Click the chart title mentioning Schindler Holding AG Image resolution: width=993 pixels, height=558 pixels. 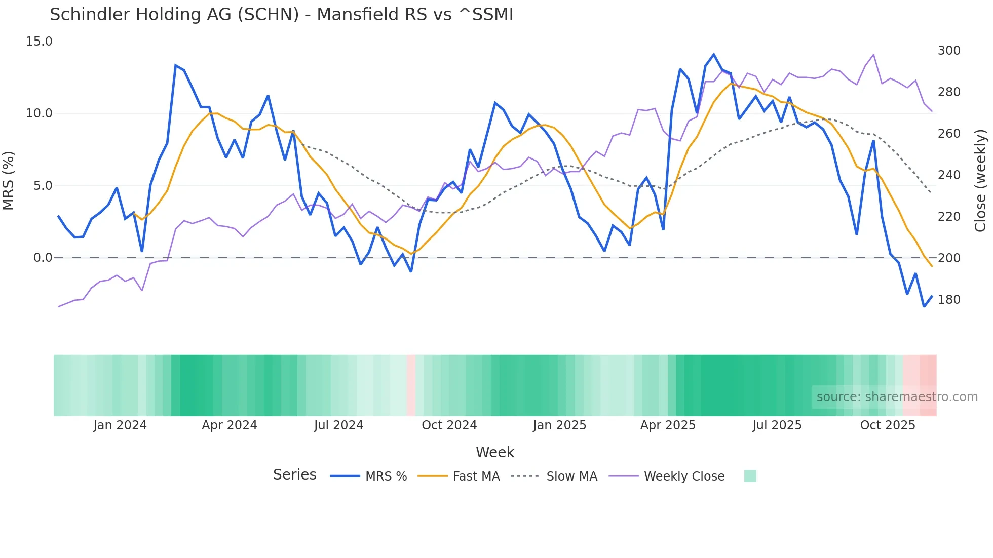click(x=281, y=15)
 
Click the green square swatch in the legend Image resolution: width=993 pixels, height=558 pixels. click(x=750, y=476)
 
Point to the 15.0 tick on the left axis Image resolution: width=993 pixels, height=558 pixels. click(x=39, y=42)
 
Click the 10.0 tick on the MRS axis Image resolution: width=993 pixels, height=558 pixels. click(x=39, y=113)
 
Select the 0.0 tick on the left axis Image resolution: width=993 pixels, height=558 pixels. click(x=43, y=258)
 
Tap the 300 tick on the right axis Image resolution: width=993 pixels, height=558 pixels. click(x=949, y=51)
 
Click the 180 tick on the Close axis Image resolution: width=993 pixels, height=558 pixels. click(x=949, y=300)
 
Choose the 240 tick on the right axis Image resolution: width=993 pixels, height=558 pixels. click(x=949, y=175)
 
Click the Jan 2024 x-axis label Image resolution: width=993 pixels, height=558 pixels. click(x=120, y=425)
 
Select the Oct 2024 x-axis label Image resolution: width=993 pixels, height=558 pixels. click(x=449, y=425)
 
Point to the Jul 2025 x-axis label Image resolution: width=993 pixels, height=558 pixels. click(x=777, y=425)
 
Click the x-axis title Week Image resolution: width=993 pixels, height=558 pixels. click(x=495, y=452)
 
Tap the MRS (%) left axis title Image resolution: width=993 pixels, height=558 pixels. click(x=9, y=181)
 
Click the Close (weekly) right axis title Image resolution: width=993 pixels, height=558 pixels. click(x=981, y=181)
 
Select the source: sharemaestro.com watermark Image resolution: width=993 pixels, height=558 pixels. click(x=897, y=397)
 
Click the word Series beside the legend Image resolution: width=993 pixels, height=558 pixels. click(x=294, y=475)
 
